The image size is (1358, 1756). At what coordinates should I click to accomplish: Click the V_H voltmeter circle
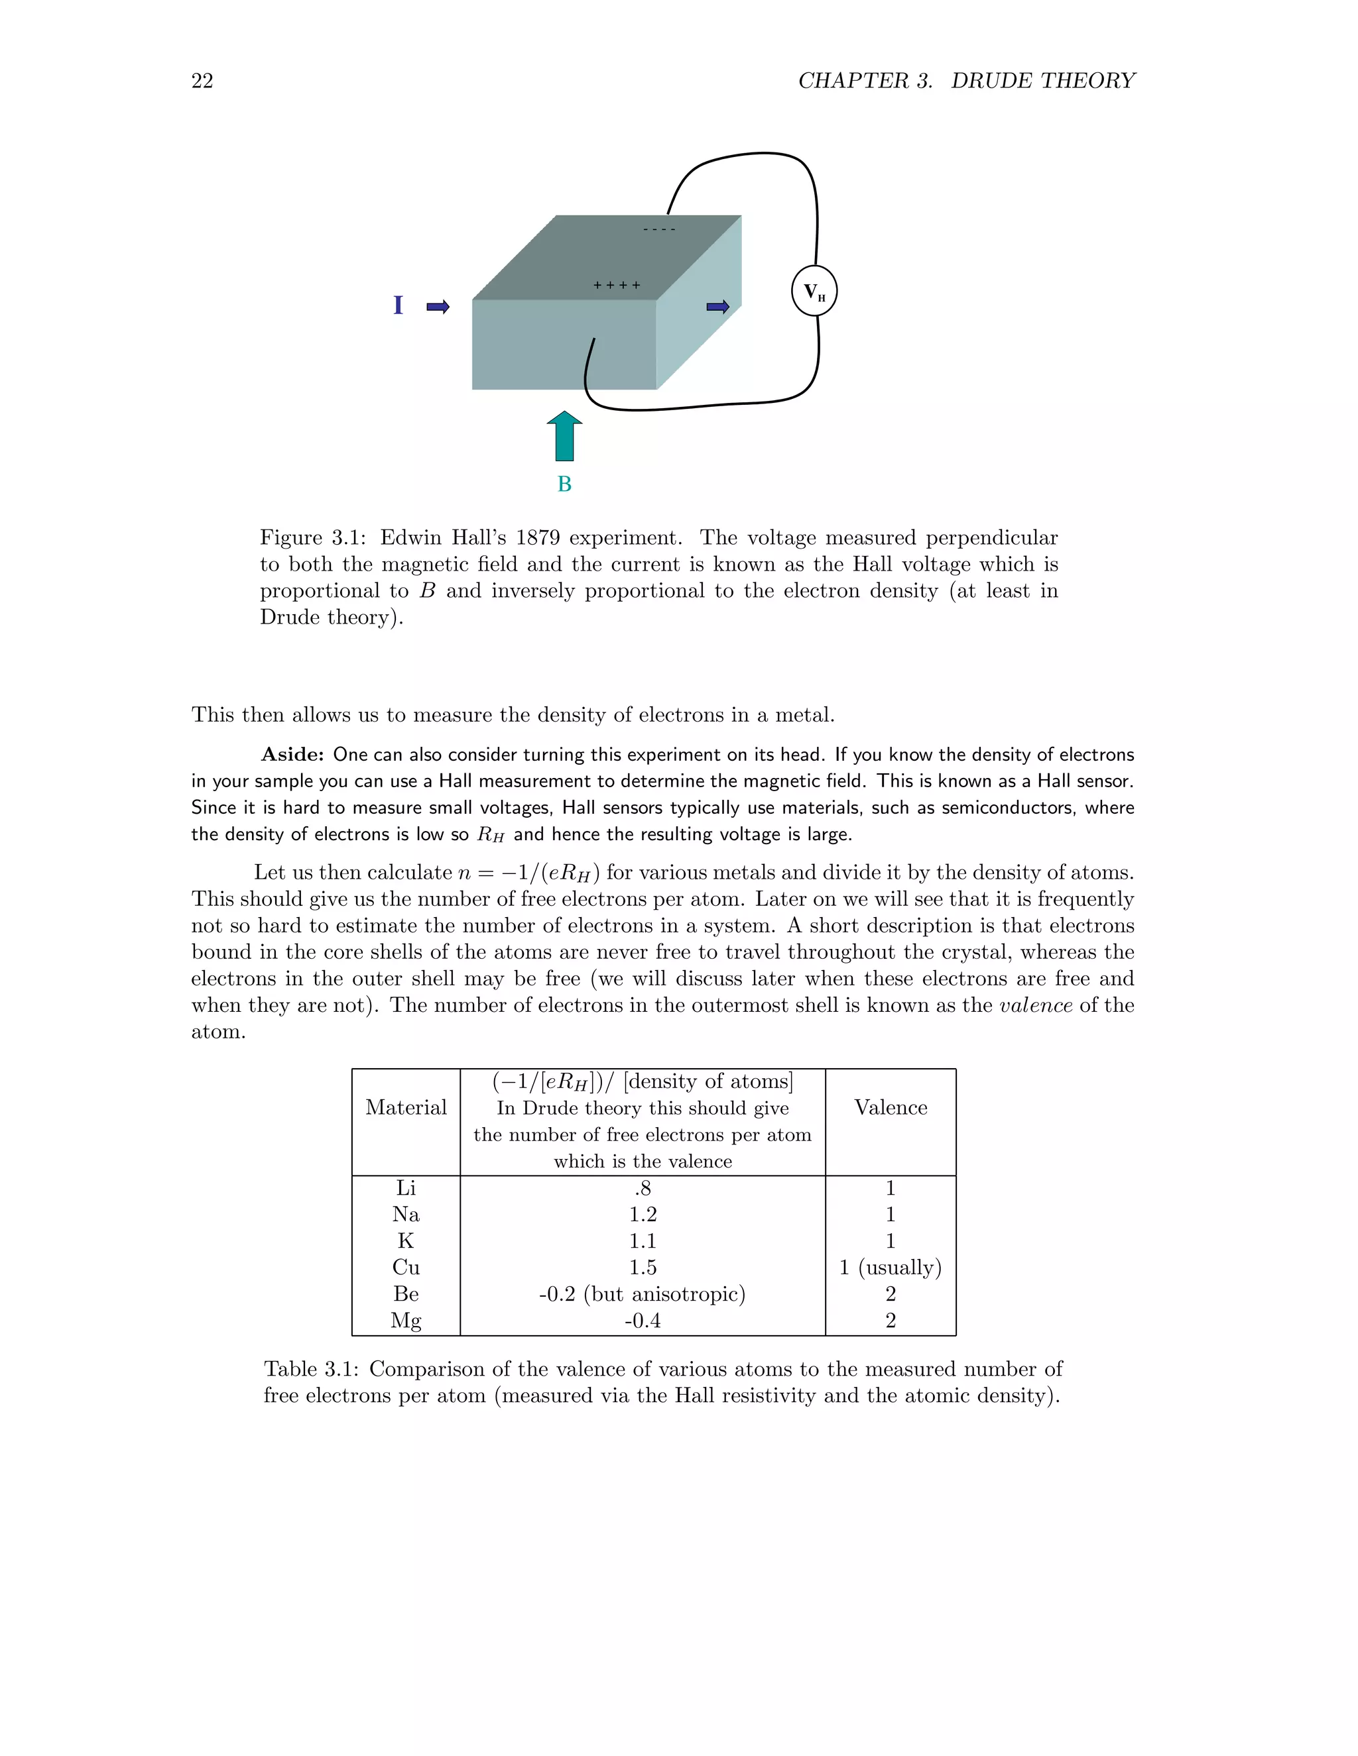pos(814,291)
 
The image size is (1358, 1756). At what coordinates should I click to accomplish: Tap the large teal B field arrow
pos(564,437)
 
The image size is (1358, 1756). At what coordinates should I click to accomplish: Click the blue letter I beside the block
pos(397,305)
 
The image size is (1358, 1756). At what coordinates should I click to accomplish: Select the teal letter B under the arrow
pos(564,484)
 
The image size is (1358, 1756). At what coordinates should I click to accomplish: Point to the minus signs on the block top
pos(659,230)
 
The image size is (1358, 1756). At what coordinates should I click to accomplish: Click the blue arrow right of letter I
pos(438,306)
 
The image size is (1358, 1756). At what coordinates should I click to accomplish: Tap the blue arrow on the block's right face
pos(717,306)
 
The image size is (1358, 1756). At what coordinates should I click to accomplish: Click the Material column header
pos(405,1108)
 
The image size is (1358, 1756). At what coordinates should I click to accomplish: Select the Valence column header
pos(891,1108)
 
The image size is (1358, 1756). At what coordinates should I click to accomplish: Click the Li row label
pos(405,1187)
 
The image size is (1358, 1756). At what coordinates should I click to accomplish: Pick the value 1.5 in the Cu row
pos(643,1267)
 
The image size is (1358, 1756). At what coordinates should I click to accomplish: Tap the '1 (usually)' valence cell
pos(891,1267)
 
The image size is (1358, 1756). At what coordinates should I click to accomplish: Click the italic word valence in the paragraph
pos(1034,1005)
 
